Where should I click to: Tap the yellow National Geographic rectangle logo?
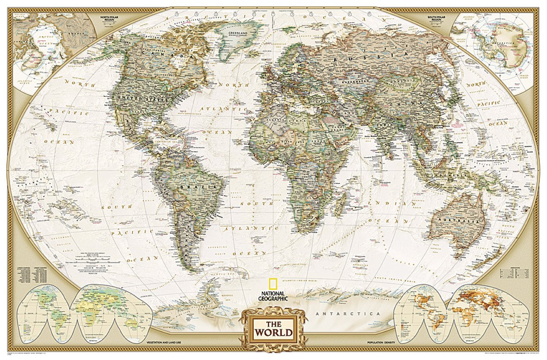point(273,284)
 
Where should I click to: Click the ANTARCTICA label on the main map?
point(348,313)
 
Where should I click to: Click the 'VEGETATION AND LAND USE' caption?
point(167,343)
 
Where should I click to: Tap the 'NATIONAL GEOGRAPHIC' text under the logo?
point(273,295)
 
